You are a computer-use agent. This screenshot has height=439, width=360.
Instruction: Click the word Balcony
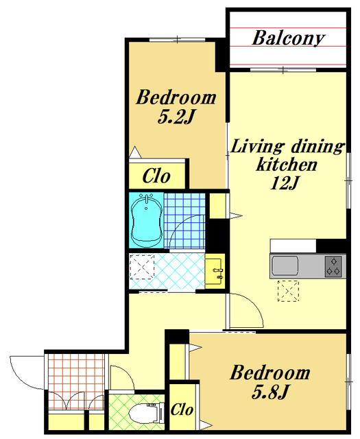click(x=288, y=38)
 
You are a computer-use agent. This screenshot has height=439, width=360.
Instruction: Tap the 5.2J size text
click(x=176, y=117)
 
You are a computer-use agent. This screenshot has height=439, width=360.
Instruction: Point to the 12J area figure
click(x=285, y=184)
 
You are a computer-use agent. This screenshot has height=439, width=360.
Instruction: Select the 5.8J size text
click(x=269, y=392)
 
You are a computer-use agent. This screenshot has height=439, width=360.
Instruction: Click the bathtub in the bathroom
click(x=147, y=220)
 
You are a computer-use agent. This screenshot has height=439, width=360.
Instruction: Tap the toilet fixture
click(x=147, y=413)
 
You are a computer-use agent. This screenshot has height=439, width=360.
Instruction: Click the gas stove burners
click(x=333, y=266)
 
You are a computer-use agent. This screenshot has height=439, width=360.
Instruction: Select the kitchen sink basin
click(x=285, y=265)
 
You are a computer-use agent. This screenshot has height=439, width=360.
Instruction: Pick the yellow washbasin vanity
click(x=215, y=272)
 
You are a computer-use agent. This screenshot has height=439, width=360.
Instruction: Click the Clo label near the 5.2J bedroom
click(x=156, y=176)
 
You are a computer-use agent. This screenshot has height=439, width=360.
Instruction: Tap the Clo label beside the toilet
click(x=182, y=410)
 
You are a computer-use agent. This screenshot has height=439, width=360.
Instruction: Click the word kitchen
click(x=287, y=165)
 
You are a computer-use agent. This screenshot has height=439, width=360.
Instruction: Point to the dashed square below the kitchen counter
click(x=288, y=291)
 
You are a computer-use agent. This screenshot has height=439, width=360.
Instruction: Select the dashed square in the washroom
click(x=142, y=267)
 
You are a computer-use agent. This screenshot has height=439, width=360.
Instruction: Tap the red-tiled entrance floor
click(x=75, y=382)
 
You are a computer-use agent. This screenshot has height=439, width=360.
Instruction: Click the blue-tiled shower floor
click(x=184, y=220)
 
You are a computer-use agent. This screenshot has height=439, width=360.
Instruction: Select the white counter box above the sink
click(x=293, y=246)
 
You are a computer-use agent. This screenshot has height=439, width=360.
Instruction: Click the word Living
click(x=256, y=146)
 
